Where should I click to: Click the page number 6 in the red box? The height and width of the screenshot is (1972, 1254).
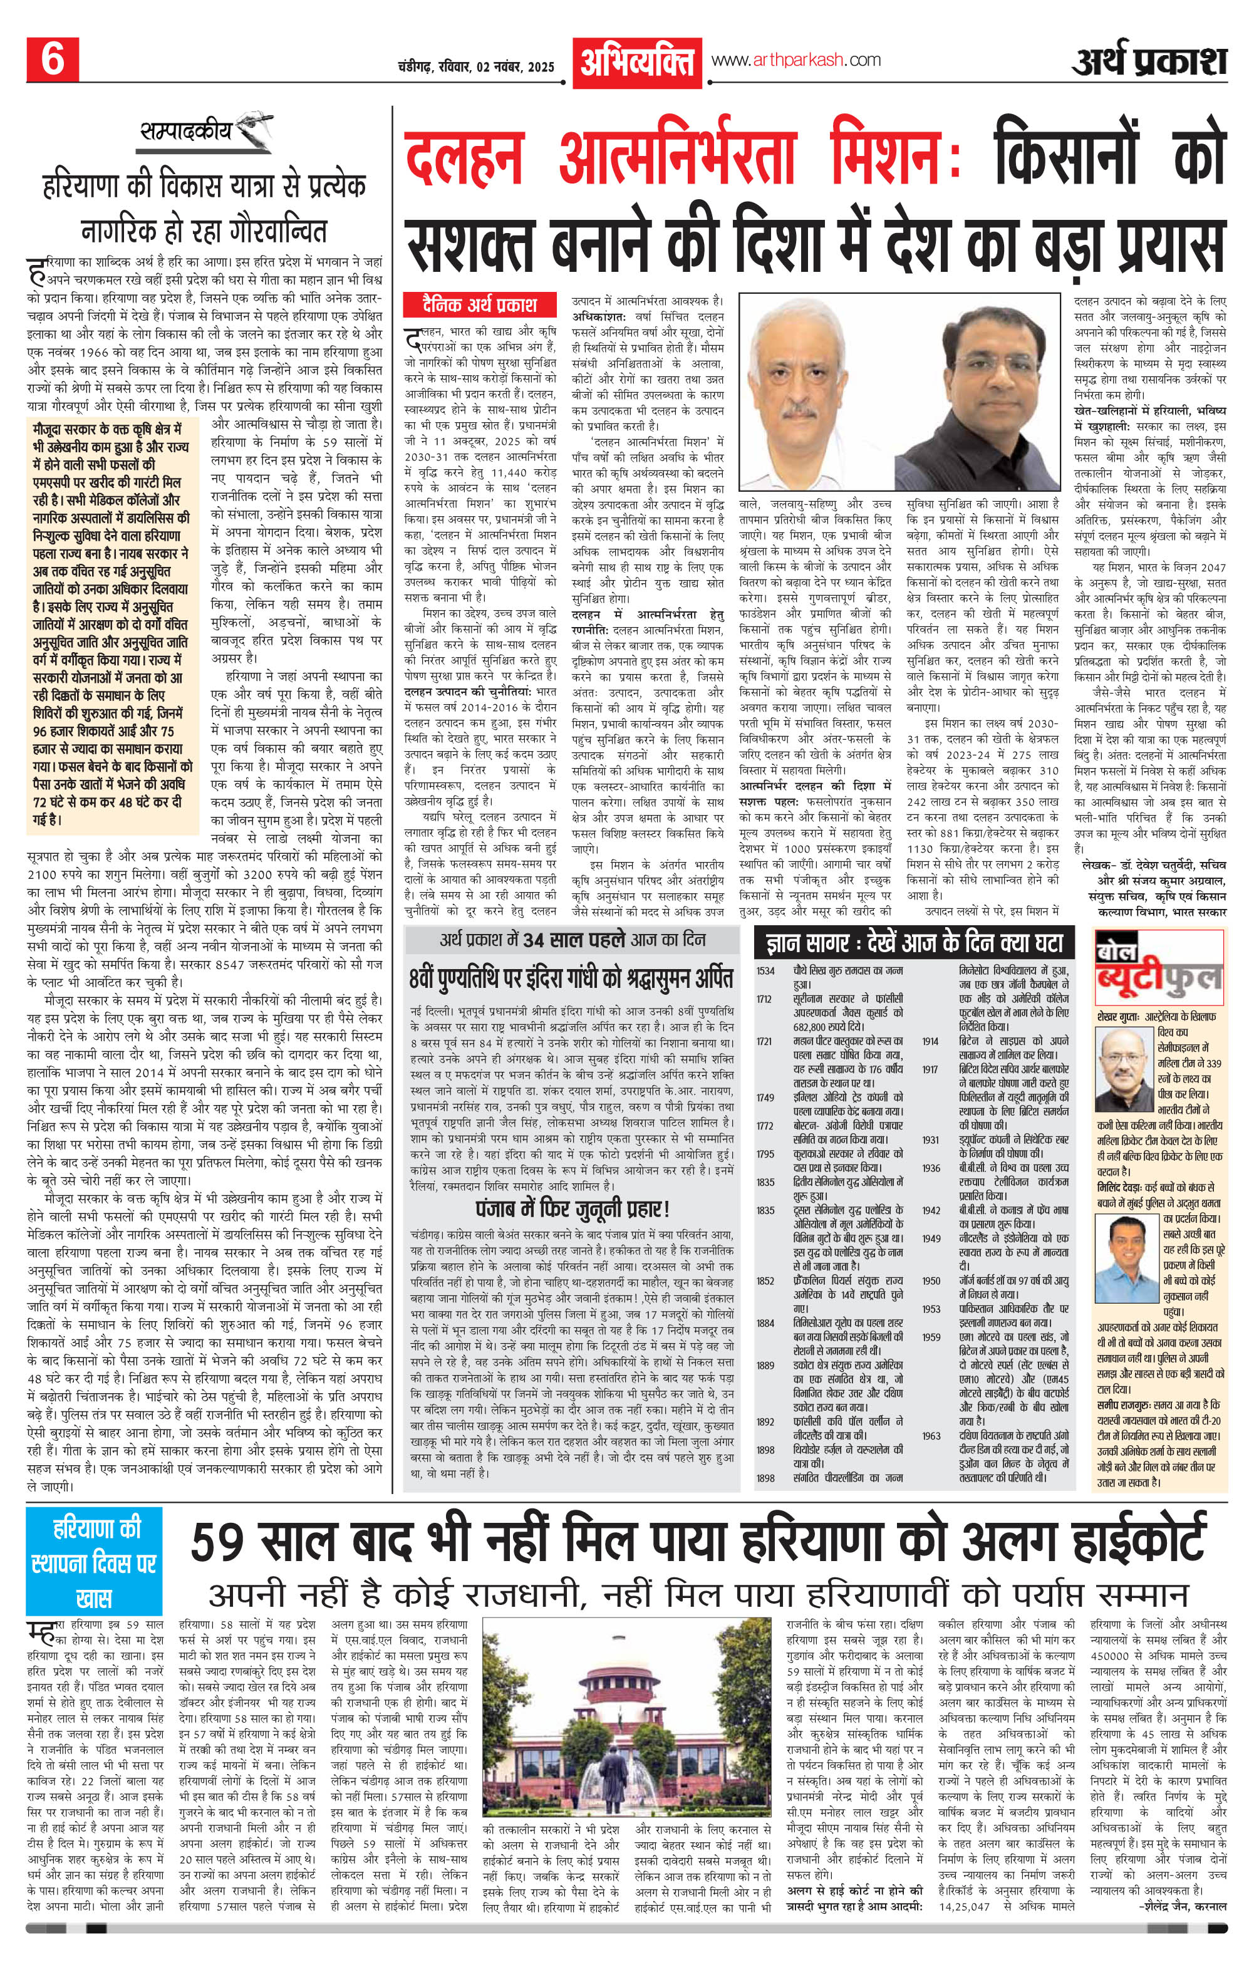(x=53, y=60)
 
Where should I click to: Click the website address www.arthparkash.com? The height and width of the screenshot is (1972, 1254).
(x=795, y=60)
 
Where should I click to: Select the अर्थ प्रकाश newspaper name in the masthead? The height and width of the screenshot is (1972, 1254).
(x=1150, y=61)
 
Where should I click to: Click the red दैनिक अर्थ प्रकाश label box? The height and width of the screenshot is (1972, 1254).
(x=480, y=304)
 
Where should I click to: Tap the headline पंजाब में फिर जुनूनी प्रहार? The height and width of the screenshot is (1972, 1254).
(x=573, y=1209)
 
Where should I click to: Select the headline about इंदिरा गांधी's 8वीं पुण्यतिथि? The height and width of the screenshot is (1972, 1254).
(x=573, y=980)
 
